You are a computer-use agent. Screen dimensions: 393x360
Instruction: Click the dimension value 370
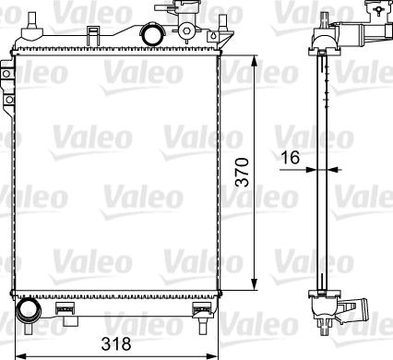242,173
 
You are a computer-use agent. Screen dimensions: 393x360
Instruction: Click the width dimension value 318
116,343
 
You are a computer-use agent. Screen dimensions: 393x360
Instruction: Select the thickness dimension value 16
291,158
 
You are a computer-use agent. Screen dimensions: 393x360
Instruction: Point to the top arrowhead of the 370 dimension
254,61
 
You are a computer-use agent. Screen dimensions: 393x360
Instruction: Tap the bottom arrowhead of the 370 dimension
254,284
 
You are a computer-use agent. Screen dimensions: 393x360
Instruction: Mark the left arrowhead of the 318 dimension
20,356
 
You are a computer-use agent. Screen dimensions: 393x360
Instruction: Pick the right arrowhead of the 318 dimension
212,356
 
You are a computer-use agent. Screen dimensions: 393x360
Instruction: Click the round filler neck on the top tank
153,34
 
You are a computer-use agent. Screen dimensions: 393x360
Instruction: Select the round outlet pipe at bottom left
29,310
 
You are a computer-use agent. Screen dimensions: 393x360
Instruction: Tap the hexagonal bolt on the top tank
186,30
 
